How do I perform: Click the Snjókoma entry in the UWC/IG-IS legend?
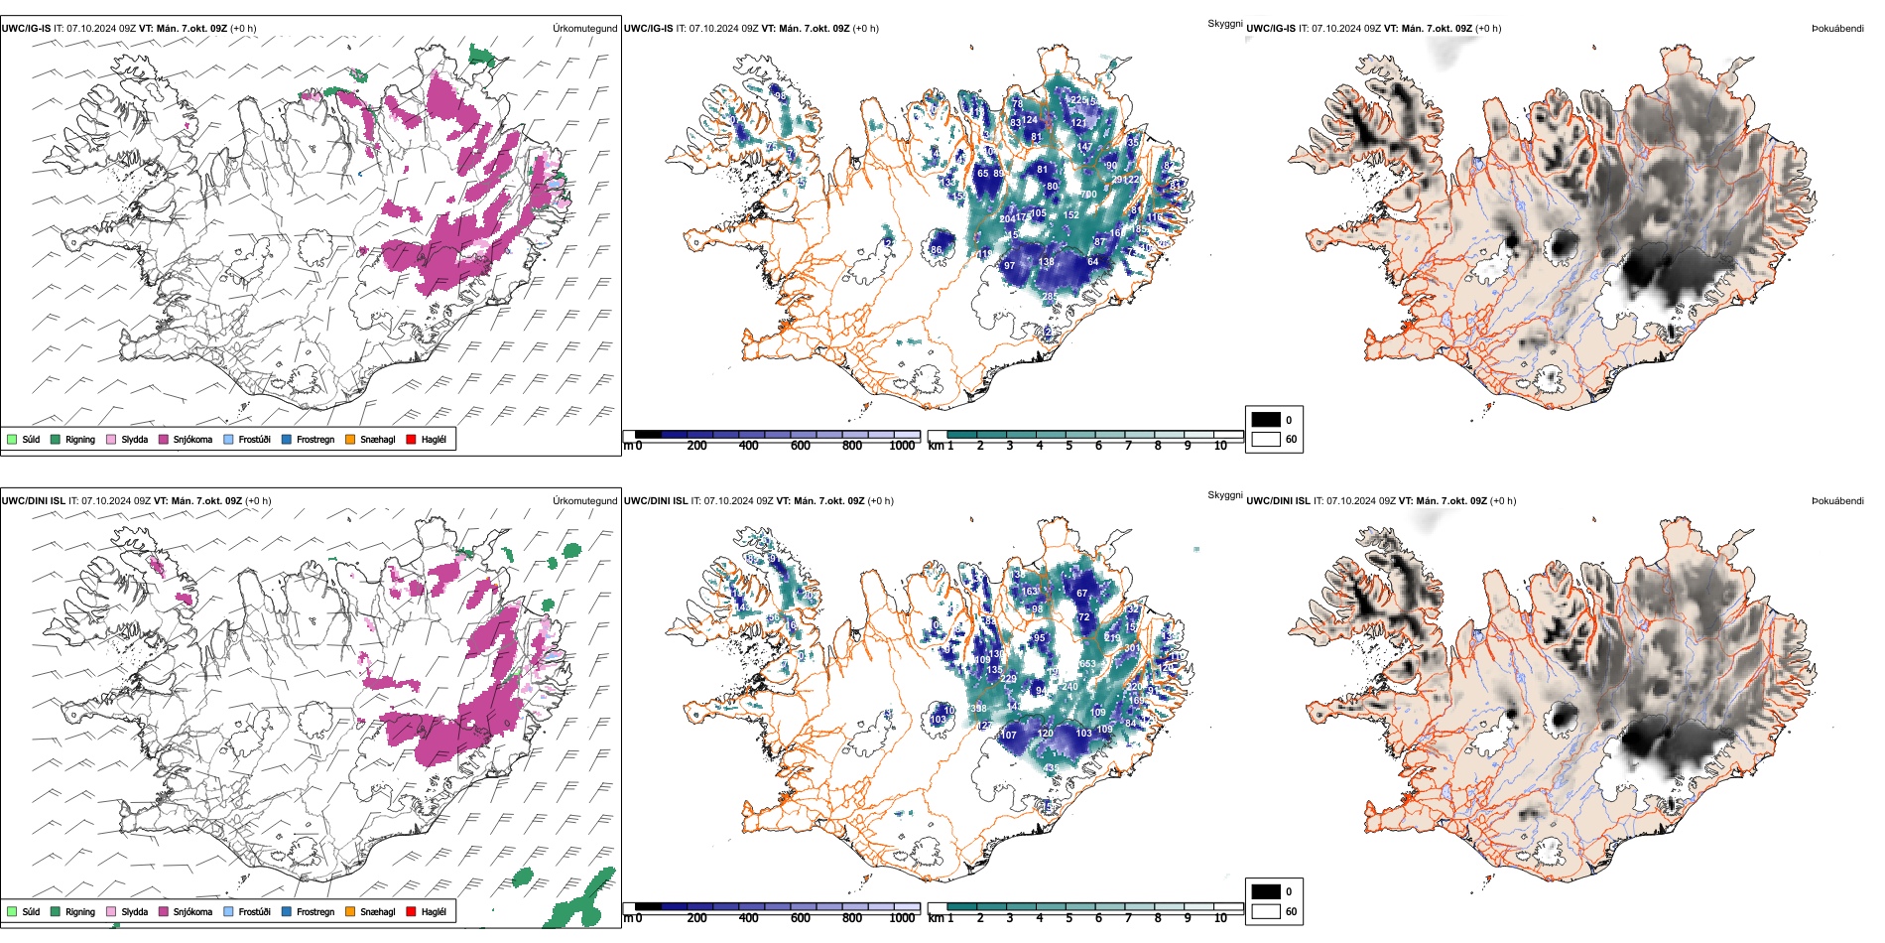point(192,439)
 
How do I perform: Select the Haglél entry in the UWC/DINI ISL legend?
point(434,911)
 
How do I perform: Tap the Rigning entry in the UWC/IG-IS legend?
point(80,439)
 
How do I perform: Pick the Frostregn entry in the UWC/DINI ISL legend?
point(315,911)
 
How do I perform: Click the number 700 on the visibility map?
point(1088,195)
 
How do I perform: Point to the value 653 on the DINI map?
point(1087,664)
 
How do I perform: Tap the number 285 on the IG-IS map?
point(1050,297)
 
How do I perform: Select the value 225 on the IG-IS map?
point(1078,100)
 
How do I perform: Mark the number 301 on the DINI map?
point(1132,648)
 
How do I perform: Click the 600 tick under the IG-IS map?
point(801,446)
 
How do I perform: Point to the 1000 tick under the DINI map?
point(902,918)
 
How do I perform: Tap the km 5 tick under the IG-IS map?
point(1068,446)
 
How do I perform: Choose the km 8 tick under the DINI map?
point(1158,918)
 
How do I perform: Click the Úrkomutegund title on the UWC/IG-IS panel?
point(584,29)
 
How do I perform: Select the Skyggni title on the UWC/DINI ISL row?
point(1224,494)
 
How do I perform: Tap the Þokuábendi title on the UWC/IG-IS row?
point(1837,29)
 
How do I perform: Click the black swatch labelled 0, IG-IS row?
point(1266,420)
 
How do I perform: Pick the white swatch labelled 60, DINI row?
point(1266,911)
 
